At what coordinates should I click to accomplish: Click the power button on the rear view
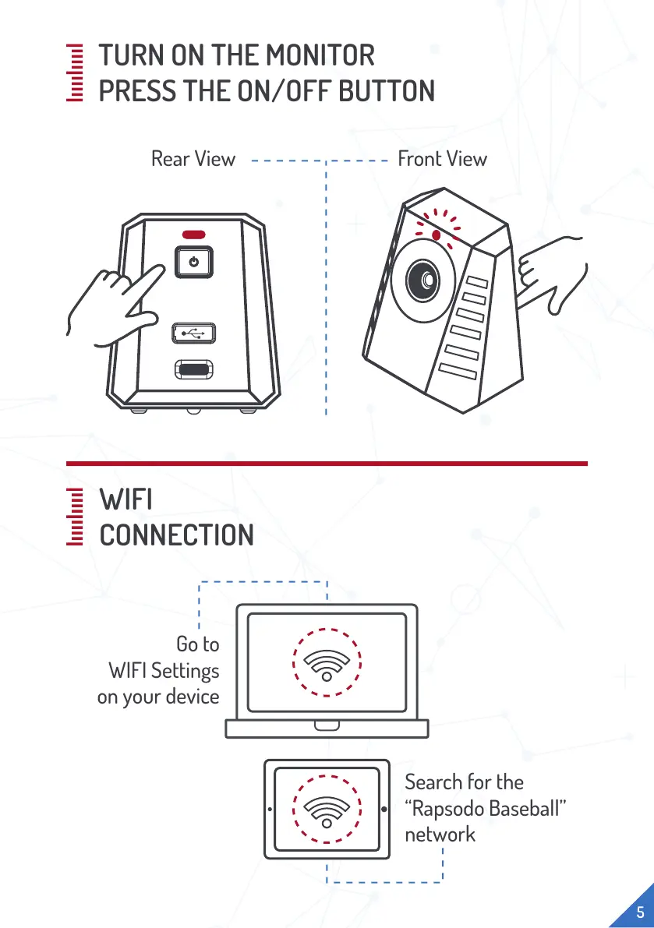[193, 261]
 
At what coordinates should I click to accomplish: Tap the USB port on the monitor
[193, 333]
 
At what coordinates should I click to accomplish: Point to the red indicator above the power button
[193, 234]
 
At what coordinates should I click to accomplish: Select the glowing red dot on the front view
[437, 234]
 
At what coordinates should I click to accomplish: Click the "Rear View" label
[193, 159]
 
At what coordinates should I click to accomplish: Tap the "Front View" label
[442, 159]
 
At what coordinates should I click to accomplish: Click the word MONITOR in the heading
[320, 55]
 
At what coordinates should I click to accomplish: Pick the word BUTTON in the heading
[386, 91]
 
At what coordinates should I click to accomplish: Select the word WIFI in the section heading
[125, 499]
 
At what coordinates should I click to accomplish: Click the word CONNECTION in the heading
[176, 535]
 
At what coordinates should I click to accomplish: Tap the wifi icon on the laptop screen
[326, 662]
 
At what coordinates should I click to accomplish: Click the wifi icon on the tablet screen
[326, 809]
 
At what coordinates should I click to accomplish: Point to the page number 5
[639, 912]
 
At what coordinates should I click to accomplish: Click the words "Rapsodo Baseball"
[484, 808]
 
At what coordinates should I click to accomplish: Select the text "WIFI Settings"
[164, 670]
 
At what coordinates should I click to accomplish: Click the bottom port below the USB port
[193, 369]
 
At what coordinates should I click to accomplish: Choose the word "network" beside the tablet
[440, 834]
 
